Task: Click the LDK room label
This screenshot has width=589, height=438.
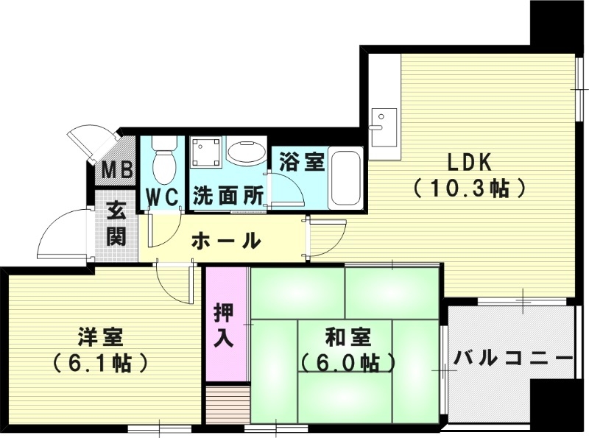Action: [x=466, y=161]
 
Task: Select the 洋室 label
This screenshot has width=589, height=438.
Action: [x=101, y=338]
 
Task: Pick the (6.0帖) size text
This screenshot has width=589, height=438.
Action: [x=348, y=363]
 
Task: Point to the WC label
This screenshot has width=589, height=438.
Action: [x=163, y=197]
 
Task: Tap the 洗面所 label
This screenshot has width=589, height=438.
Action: [x=228, y=197]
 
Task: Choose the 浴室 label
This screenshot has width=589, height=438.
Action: [x=303, y=162]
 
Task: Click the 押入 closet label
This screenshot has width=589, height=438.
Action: [x=225, y=325]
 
